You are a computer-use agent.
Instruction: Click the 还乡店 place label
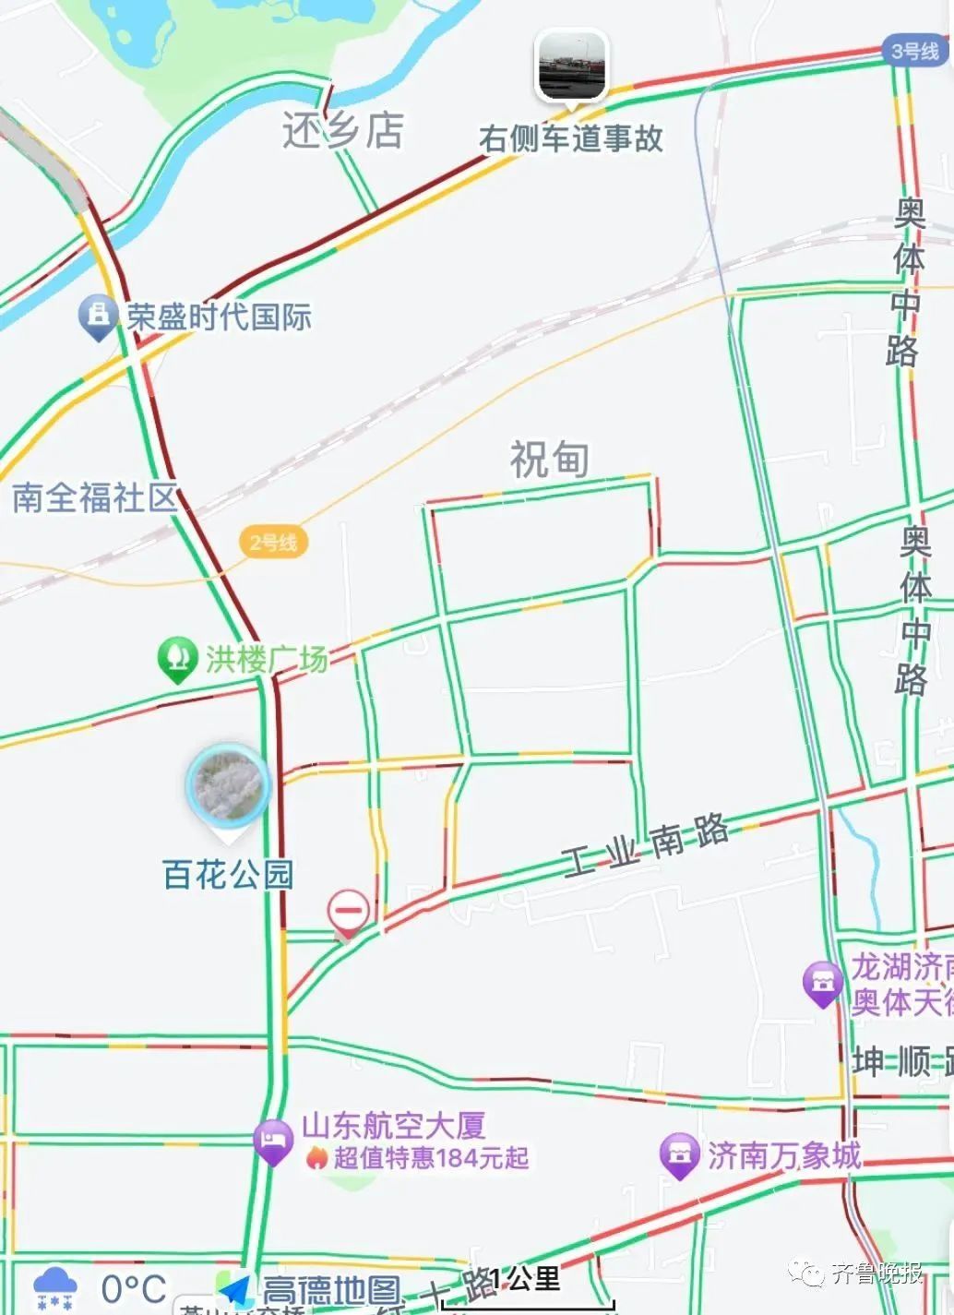342,131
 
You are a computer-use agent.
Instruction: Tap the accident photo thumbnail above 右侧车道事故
572,66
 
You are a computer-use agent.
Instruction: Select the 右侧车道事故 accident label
571,138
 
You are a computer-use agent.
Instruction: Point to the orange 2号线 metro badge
273,543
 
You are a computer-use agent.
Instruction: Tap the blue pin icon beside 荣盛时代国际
97,316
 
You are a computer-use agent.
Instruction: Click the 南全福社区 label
94,497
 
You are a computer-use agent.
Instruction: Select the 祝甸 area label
550,459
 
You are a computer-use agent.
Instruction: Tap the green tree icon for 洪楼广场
177,659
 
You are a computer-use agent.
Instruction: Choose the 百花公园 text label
228,874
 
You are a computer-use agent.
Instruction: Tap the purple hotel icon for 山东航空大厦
272,1141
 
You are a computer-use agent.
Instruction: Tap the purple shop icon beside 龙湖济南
823,983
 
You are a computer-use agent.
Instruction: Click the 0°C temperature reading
134,1289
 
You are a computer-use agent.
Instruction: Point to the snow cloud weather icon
55,1289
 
